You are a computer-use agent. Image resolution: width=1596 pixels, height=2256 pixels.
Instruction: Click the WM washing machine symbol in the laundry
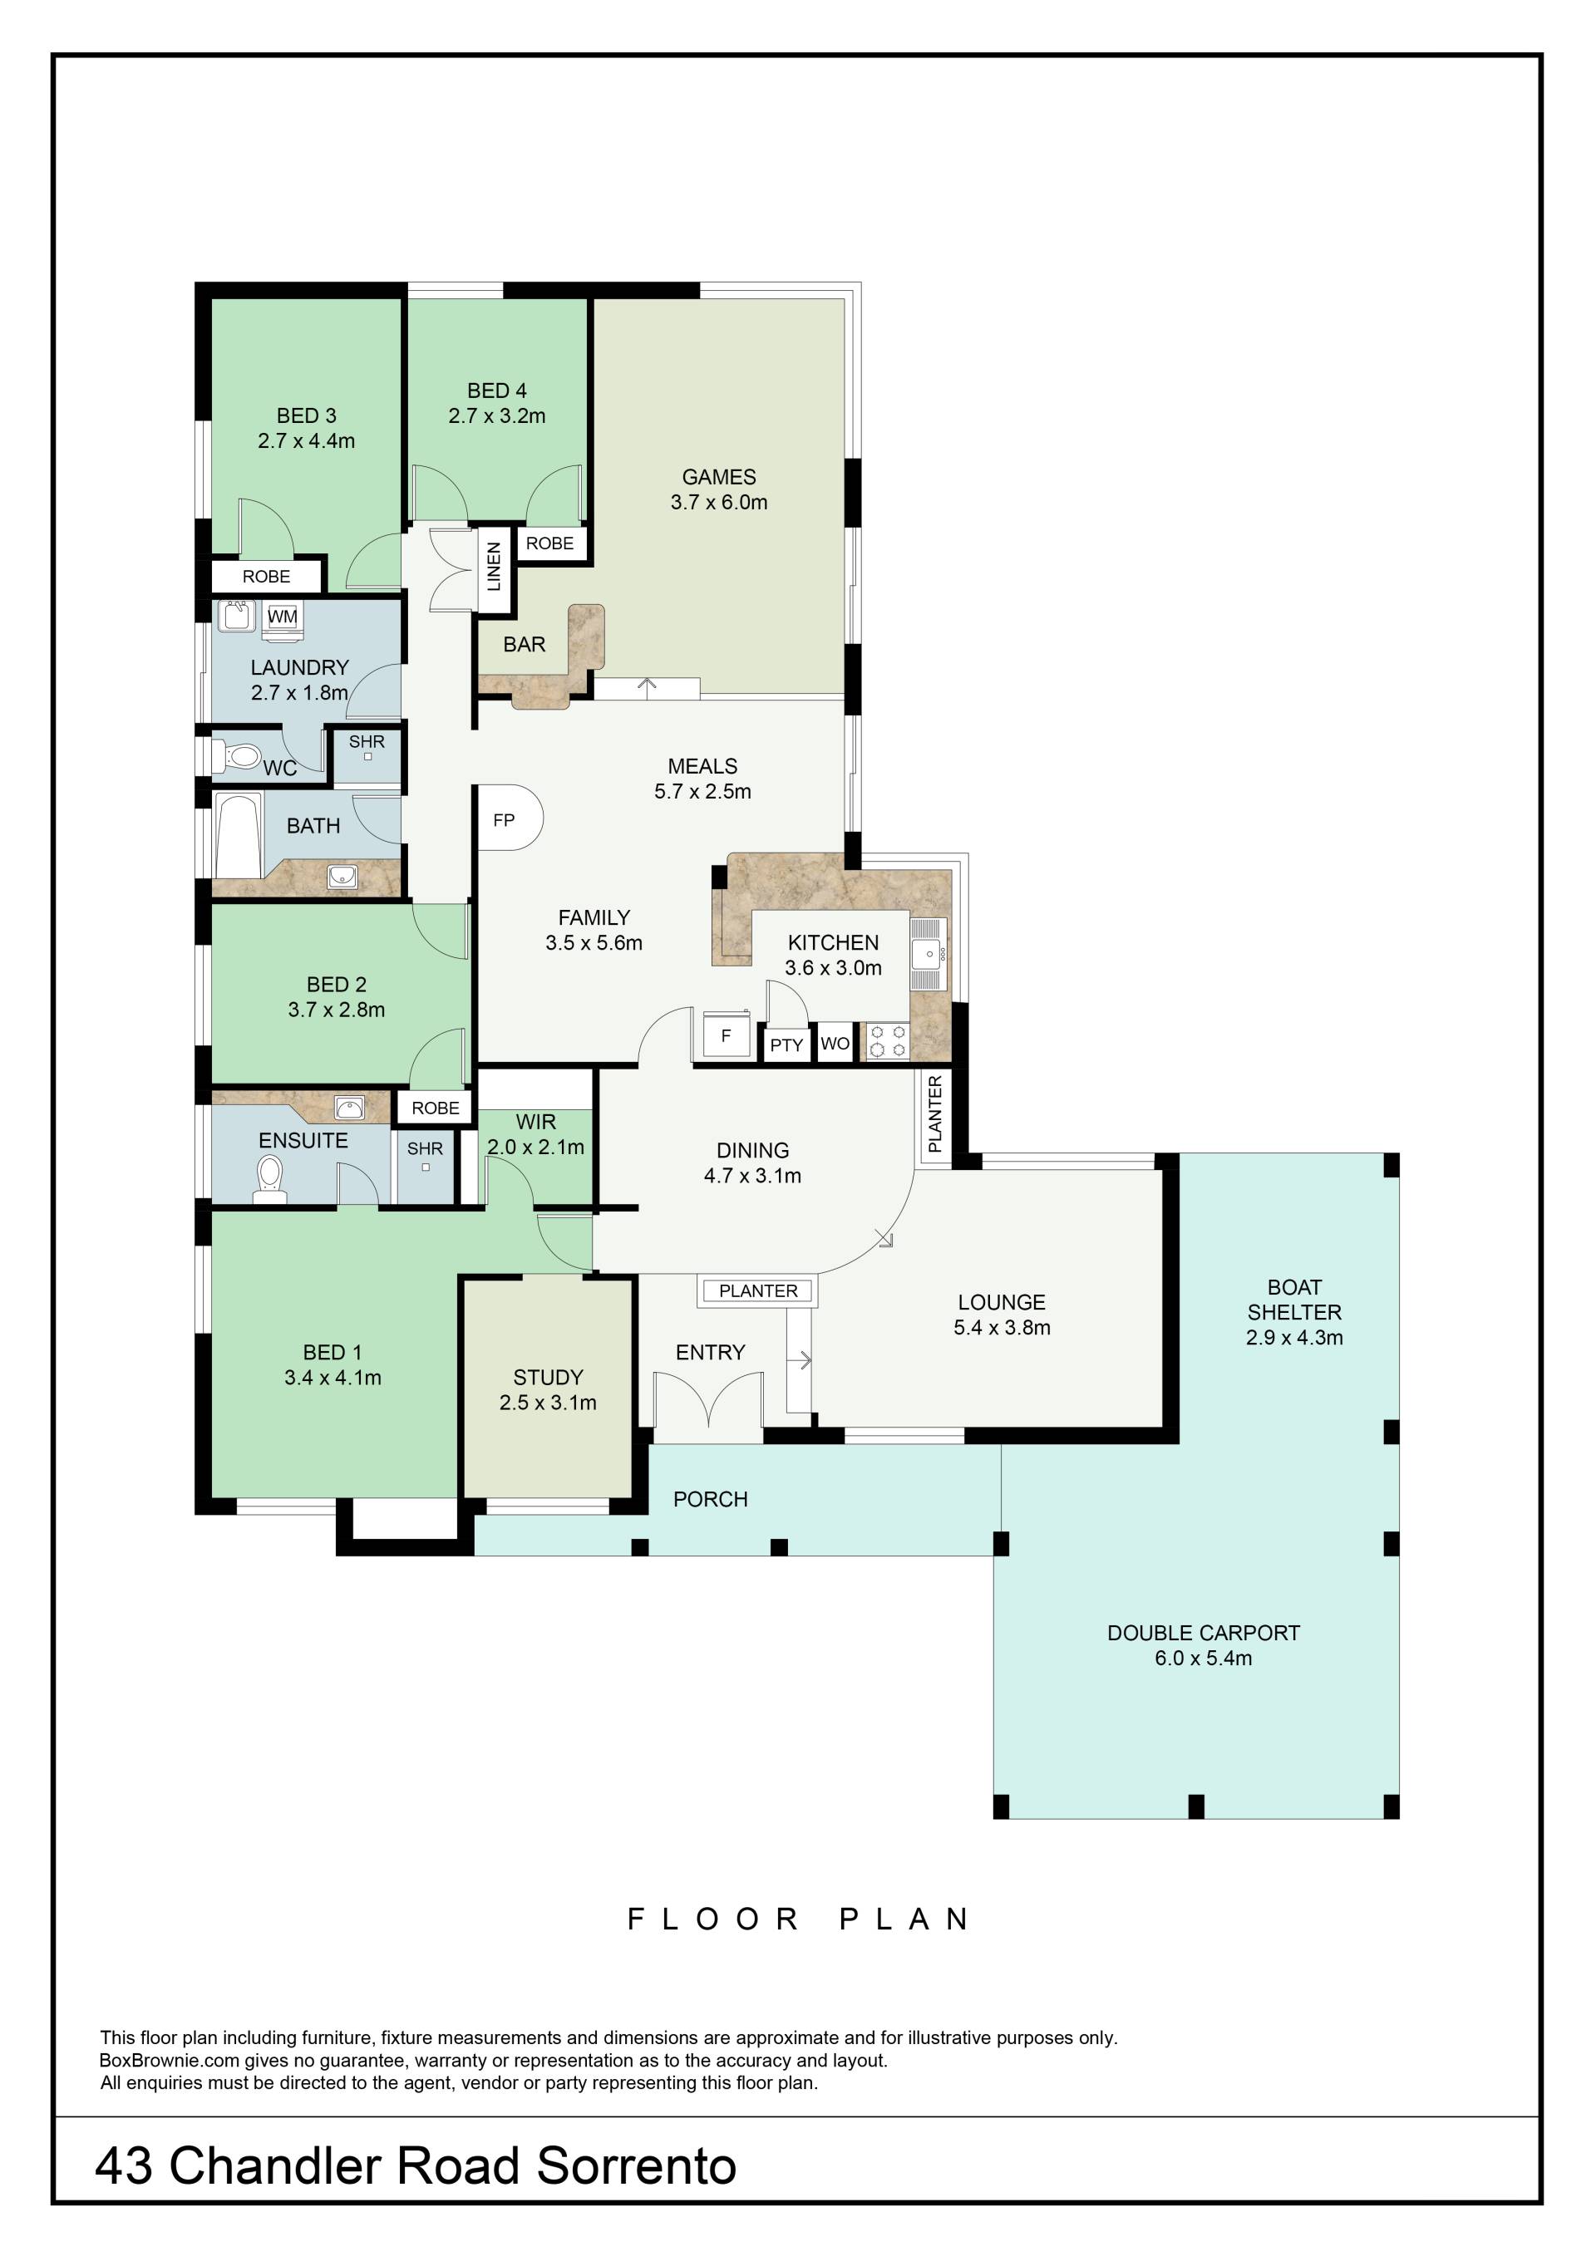pyautogui.click(x=282, y=617)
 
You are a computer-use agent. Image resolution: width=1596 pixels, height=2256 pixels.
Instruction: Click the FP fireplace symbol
pyautogui.click(x=508, y=818)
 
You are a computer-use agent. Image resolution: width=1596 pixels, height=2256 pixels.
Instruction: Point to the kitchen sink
pyautogui.click(x=929, y=953)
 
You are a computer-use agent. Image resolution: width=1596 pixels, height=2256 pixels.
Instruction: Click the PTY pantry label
pyautogui.click(x=786, y=1044)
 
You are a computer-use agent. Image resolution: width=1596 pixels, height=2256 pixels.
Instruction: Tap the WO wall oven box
pyautogui.click(x=835, y=1043)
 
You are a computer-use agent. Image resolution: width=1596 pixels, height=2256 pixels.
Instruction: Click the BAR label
pyautogui.click(x=524, y=645)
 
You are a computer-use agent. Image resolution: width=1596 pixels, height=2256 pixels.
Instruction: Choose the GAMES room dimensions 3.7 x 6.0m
pyautogui.click(x=718, y=502)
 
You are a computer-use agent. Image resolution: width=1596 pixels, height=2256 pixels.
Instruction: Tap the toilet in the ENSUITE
pyautogui.click(x=269, y=1178)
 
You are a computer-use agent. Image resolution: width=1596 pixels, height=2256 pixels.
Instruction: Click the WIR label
pyautogui.click(x=535, y=1121)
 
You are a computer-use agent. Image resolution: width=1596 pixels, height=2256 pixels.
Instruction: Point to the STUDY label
pyautogui.click(x=549, y=1377)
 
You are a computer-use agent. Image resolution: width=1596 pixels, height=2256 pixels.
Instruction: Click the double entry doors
pyautogui.click(x=708, y=1399)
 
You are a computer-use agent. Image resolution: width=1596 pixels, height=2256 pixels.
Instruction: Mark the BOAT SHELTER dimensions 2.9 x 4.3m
pyautogui.click(x=1294, y=1337)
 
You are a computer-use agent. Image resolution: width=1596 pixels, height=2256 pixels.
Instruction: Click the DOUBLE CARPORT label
pyautogui.click(x=1203, y=1633)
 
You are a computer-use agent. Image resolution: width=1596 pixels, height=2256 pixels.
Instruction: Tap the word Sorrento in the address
pyautogui.click(x=637, y=2165)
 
